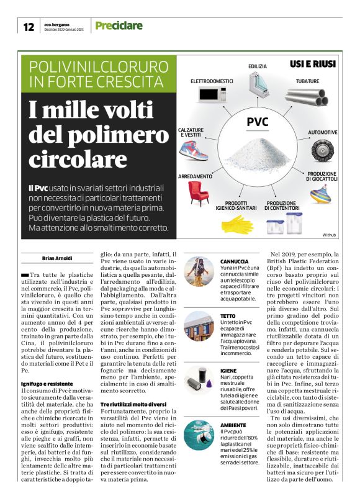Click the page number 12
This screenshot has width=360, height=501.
click(x=28, y=27)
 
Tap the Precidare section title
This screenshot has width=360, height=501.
click(x=119, y=26)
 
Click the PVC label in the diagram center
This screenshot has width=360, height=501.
click(x=258, y=122)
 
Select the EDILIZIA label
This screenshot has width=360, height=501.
click(x=258, y=65)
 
